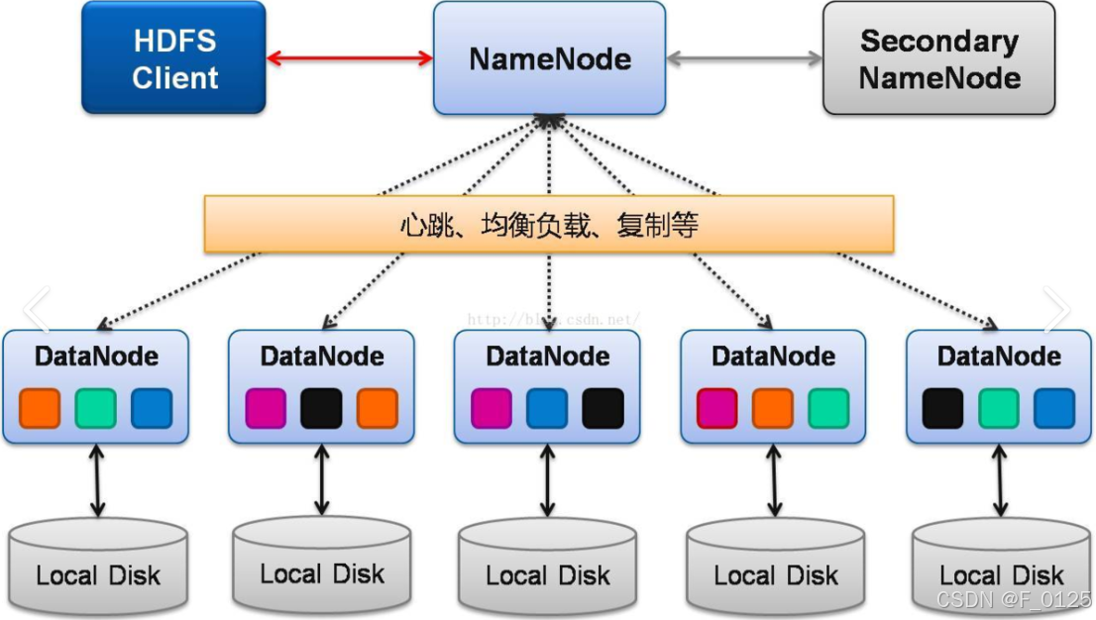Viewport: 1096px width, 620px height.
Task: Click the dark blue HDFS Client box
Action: point(173,57)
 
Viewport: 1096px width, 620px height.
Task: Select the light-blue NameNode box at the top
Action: point(549,57)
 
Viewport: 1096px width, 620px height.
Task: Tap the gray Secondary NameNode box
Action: point(938,57)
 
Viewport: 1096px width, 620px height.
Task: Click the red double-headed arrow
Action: point(350,58)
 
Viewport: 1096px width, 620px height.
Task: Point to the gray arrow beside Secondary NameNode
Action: point(744,58)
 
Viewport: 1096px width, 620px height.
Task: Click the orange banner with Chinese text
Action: point(549,224)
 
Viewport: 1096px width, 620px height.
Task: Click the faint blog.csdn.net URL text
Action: point(551,320)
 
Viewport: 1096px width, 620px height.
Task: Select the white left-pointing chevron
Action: point(36,310)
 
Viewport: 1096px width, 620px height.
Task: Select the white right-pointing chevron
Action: point(1056,310)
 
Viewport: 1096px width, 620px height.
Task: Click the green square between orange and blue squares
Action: point(96,408)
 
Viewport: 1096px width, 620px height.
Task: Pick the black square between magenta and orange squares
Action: point(321,408)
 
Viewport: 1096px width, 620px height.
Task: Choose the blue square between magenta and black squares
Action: point(547,408)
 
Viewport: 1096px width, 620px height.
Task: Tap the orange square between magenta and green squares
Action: point(773,408)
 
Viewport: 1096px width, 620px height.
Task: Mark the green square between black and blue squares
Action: point(999,408)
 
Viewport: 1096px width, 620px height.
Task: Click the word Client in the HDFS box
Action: point(175,78)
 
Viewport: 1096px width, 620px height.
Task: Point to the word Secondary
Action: point(938,42)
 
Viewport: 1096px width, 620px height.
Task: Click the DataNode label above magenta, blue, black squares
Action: point(548,357)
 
